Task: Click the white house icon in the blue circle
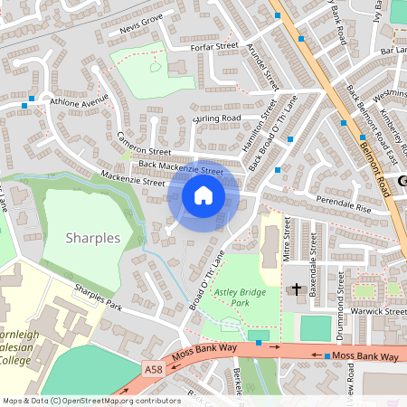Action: click(203, 195)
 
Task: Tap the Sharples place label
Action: click(93, 238)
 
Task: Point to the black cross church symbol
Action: click(297, 290)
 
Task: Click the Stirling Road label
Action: click(218, 118)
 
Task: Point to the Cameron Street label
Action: click(143, 145)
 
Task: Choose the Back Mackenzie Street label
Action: click(181, 167)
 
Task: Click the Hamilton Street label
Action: click(269, 123)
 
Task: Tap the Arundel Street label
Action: click(267, 66)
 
